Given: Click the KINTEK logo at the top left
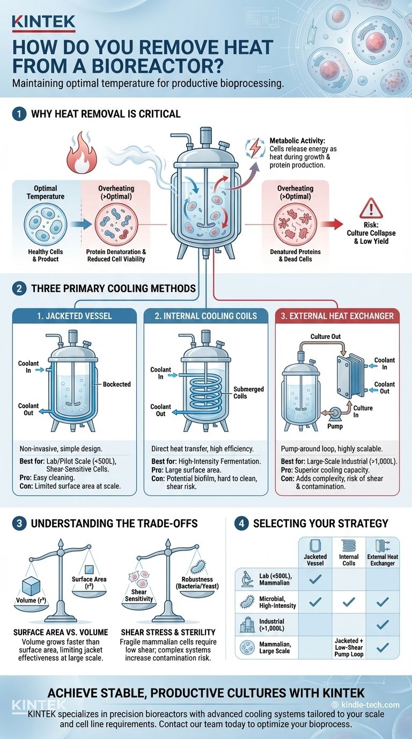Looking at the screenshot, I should [x=43, y=22].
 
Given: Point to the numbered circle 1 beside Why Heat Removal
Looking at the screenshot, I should [x=19, y=114].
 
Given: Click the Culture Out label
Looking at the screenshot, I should [x=326, y=337].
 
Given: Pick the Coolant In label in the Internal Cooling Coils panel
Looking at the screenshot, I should [x=160, y=373].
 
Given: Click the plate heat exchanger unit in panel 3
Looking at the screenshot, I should [x=349, y=374].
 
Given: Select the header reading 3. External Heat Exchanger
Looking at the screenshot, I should [x=337, y=316].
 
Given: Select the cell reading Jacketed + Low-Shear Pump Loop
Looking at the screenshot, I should [x=349, y=648].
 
